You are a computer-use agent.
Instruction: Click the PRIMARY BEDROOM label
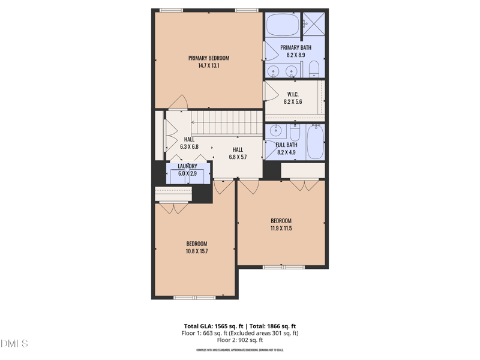209,58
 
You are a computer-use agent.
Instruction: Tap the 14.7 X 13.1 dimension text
209,66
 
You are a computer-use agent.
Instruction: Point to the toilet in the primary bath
313,71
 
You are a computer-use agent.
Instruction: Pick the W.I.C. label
293,94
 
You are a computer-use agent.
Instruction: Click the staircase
227,122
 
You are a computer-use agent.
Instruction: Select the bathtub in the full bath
316,143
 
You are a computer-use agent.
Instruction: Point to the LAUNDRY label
187,166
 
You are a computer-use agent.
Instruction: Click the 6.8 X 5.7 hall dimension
238,157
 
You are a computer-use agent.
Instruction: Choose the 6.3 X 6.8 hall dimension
189,146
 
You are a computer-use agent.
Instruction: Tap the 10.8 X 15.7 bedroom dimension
196,251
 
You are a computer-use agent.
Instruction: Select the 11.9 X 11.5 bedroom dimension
281,228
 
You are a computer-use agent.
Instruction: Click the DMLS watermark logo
14,344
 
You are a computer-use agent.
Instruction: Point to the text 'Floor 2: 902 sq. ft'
239,340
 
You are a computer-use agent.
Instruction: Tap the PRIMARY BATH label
296,47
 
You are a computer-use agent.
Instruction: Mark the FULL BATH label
287,145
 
